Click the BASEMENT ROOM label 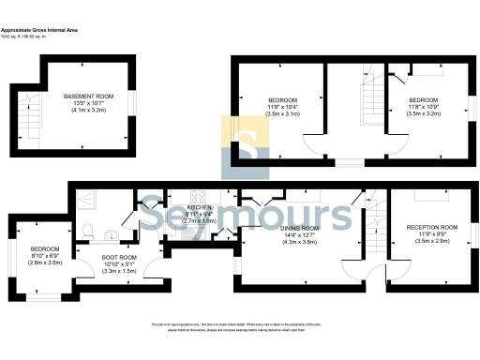click(88, 97)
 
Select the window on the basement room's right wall click(135, 99)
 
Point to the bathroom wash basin click(109, 235)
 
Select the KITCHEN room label click(199, 207)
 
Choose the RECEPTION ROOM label click(431, 227)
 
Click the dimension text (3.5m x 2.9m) click(431, 241)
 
